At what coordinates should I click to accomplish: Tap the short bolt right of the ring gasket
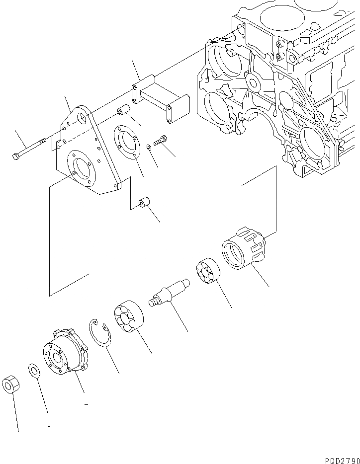click(x=160, y=141)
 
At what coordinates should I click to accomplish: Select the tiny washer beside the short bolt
click(x=149, y=147)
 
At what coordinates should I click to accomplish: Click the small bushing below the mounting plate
click(x=144, y=203)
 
